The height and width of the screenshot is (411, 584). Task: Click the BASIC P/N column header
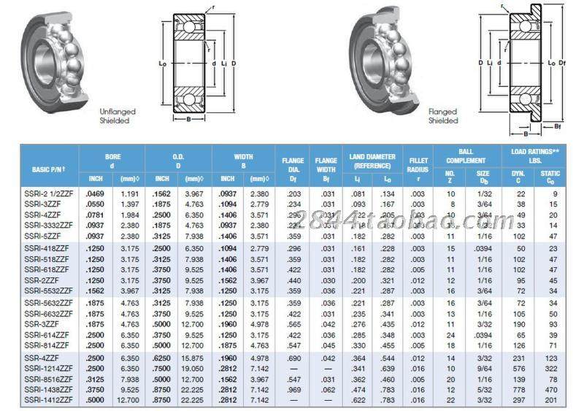coord(49,169)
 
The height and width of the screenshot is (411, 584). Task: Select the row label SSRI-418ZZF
coord(46,248)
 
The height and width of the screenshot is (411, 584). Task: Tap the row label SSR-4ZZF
coord(42,358)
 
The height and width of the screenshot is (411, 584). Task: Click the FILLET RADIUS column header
coord(418,164)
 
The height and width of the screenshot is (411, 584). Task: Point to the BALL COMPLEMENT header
coord(466,157)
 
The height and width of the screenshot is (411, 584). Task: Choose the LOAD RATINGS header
coord(535,157)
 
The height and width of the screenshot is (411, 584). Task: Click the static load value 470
coord(553,389)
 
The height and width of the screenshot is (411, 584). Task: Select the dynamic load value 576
coord(520,369)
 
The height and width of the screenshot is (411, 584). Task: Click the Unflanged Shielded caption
coord(118,116)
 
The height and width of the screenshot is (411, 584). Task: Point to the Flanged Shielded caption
coord(442,116)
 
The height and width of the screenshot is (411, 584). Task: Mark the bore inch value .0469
coord(95,193)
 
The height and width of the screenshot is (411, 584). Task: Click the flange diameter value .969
coord(293,389)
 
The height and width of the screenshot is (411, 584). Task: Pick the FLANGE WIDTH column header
coord(326,164)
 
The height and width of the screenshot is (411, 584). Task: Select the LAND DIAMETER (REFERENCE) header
coord(372,161)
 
